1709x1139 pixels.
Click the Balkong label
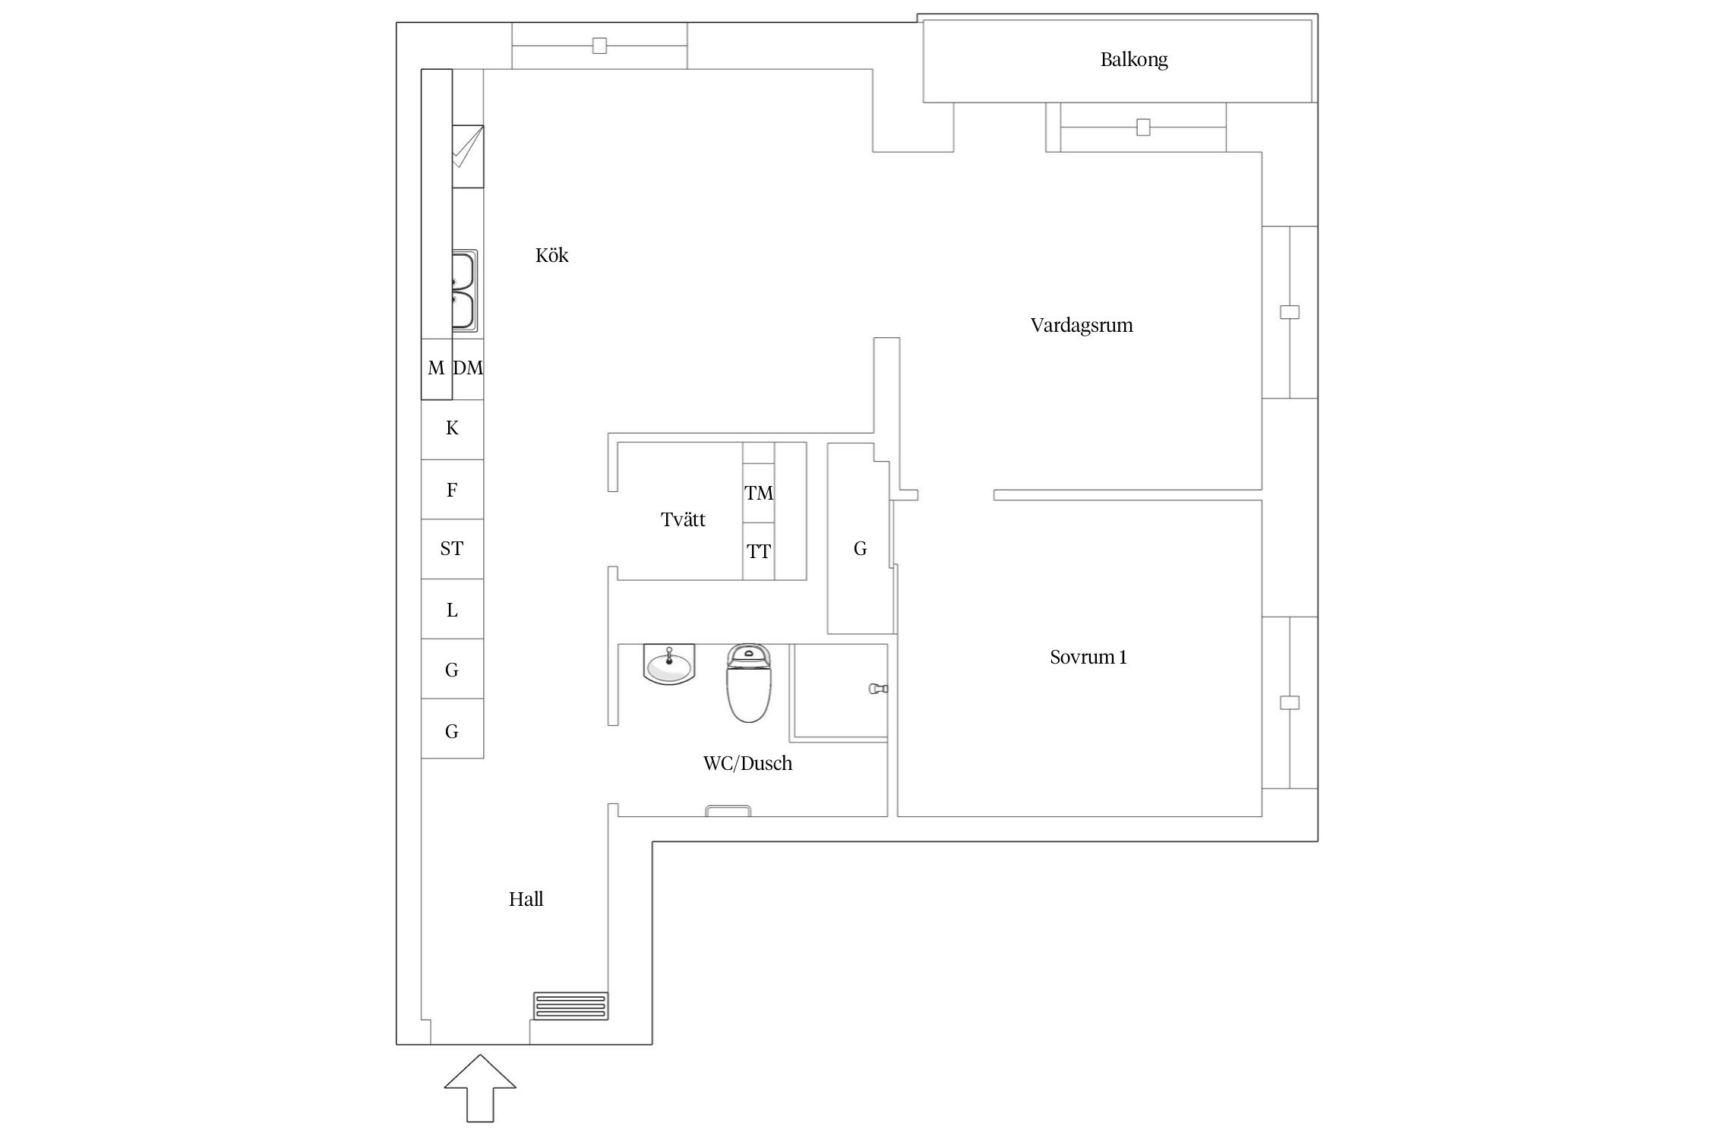pyautogui.click(x=1133, y=59)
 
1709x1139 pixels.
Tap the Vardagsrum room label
pyautogui.click(x=1081, y=325)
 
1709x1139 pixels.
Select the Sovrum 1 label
pyautogui.click(x=1088, y=657)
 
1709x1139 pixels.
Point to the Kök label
pyautogui.click(x=551, y=255)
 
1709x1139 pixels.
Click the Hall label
pyautogui.click(x=526, y=899)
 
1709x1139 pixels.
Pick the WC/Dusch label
pyautogui.click(x=747, y=763)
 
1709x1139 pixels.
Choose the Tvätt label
pyautogui.click(x=683, y=519)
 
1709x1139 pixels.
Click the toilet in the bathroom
pyautogui.click(x=749, y=683)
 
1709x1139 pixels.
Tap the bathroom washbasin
pyautogui.click(x=669, y=665)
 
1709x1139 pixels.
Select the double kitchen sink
pyautogui.click(x=464, y=292)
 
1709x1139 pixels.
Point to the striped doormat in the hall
pyautogui.click(x=570, y=1006)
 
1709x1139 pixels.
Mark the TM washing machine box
pyautogui.click(x=758, y=493)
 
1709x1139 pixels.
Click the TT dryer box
pyautogui.click(x=758, y=551)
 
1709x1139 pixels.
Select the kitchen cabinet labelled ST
pyautogui.click(x=452, y=548)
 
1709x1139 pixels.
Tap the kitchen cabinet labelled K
pyautogui.click(x=452, y=428)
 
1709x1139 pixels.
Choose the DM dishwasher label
pyautogui.click(x=468, y=368)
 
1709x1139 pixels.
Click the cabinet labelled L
pyautogui.click(x=452, y=610)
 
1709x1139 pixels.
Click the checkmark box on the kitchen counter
pyautogui.click(x=467, y=156)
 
